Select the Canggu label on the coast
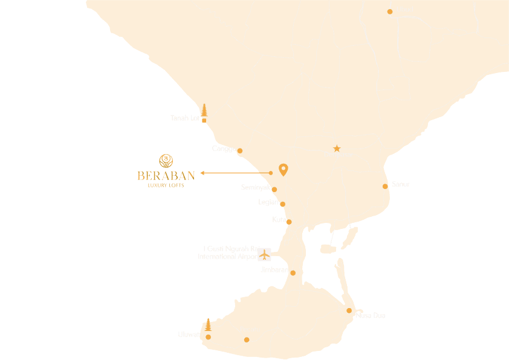click(224, 149)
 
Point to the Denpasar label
click(339, 155)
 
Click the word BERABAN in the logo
click(166, 176)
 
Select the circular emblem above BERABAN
click(166, 161)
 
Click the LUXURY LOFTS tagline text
click(166, 185)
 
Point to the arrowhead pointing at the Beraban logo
click(203, 173)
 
